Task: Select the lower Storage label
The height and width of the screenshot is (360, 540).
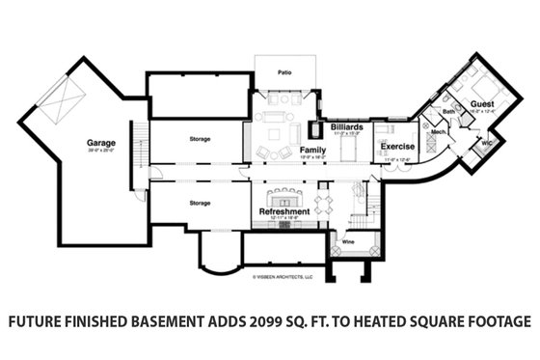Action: pos(200,203)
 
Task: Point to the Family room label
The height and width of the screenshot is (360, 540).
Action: pos(311,152)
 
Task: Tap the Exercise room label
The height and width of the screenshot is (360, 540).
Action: pos(396,147)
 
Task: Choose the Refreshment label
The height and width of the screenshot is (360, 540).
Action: pos(283,211)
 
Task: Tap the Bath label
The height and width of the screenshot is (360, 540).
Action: pos(448,112)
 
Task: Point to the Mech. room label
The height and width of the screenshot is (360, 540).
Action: pos(437,131)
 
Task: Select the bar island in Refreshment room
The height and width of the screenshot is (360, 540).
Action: pos(283,198)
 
